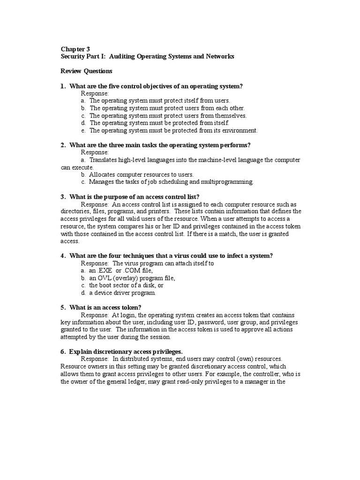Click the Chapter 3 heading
pos(75,48)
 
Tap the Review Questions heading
pos(87,71)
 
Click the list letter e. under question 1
pos(83,131)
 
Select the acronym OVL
pos(105,278)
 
